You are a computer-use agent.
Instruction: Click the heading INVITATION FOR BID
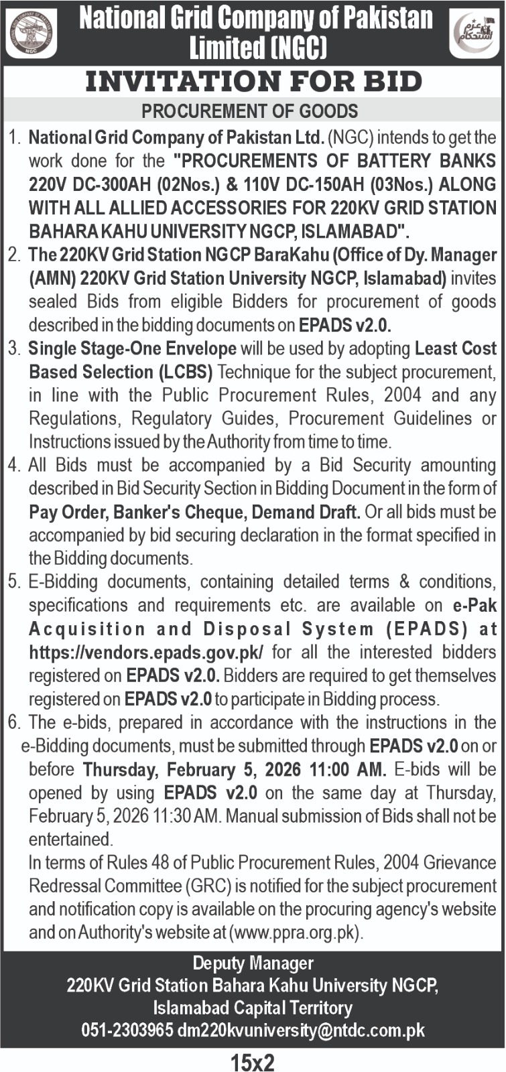coord(253,82)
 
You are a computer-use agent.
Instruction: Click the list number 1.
coord(13,138)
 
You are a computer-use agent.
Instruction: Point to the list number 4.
coord(13,465)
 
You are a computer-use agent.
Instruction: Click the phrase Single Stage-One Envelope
coord(133,348)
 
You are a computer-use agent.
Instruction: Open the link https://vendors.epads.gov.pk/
coord(146,653)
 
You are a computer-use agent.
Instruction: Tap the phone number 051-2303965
coord(127,1030)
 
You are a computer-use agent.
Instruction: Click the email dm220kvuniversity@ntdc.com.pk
coord(301,1030)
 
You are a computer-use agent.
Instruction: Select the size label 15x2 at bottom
coord(253,1062)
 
